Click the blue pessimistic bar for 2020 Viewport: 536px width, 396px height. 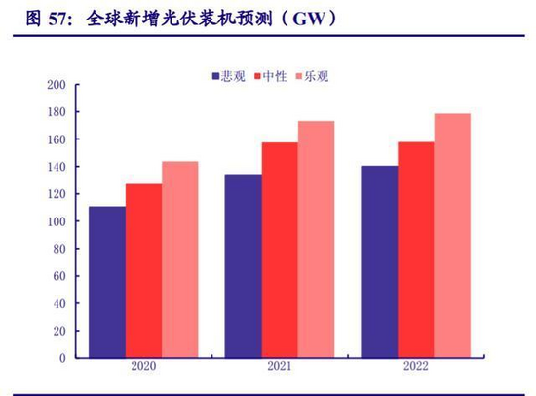(107, 282)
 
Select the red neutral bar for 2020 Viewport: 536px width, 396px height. (144, 271)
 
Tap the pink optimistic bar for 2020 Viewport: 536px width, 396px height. (180, 259)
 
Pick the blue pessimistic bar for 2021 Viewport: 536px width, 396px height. (243, 266)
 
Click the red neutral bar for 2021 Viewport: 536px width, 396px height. (280, 251)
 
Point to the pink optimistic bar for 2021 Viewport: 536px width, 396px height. (316, 239)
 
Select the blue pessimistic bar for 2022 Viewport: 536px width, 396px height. (379, 261)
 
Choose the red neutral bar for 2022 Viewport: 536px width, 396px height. (416, 250)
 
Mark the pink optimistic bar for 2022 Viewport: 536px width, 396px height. (452, 236)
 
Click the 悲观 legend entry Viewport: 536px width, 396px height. (229, 76)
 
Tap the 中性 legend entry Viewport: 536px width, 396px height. (271, 76)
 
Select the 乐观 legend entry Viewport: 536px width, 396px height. (312, 76)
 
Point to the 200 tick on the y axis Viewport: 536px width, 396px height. (57, 85)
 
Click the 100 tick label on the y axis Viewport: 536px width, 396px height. (57, 221)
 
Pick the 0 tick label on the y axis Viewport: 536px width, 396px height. (62, 358)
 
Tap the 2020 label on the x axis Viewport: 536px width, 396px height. (143, 366)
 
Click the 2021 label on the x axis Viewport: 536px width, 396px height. (280, 366)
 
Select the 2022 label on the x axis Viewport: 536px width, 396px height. (416, 366)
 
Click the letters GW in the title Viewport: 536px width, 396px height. (309, 19)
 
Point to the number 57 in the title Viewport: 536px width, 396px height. (58, 19)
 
